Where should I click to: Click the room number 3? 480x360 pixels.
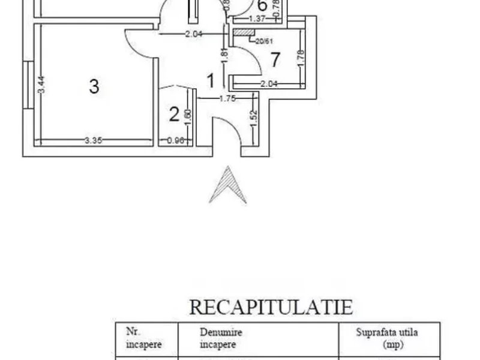point(94,86)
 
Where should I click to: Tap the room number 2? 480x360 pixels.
point(174,114)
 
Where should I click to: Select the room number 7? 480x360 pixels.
point(275,60)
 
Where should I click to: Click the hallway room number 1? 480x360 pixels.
point(211,79)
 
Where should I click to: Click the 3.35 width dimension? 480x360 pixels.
point(92,140)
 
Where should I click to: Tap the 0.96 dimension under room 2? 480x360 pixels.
point(175,140)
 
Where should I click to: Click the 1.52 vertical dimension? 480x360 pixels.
point(254,121)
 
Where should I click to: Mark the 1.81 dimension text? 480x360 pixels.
point(224,56)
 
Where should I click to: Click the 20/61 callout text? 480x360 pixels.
point(263,41)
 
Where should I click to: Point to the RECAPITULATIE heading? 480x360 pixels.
point(271,307)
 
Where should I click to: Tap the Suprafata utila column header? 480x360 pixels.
point(386,338)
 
